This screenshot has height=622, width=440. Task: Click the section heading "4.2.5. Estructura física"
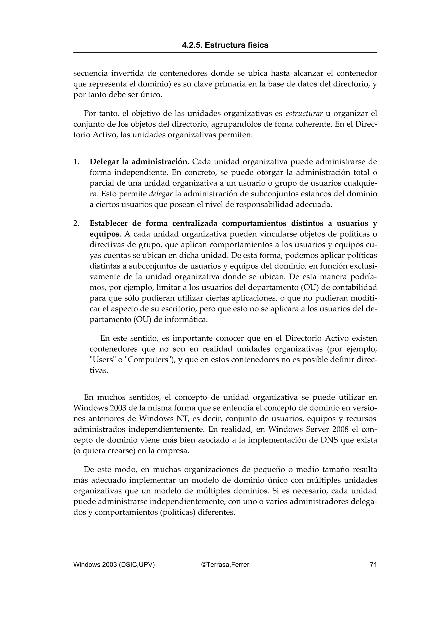[225, 45]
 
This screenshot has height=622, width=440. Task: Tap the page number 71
[373, 564]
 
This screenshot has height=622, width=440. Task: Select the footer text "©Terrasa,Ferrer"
[225, 564]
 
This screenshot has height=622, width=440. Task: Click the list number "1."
[76, 162]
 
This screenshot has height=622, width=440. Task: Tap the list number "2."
[76, 223]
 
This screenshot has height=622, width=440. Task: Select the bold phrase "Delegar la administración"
[139, 162]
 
